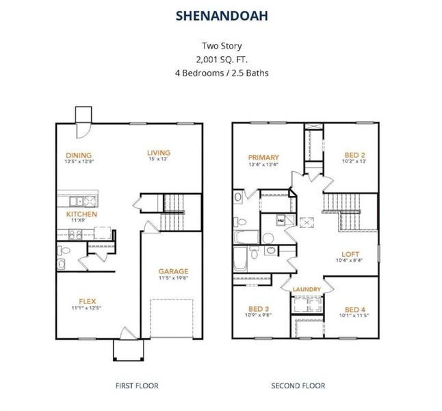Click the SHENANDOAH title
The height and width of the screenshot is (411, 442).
220,14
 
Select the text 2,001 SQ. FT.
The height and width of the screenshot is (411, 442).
220,59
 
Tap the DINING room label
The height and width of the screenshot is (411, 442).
79,155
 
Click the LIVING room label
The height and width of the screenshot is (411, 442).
159,152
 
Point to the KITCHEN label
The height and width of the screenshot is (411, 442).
81,214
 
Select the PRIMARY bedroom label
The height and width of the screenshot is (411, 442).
263,156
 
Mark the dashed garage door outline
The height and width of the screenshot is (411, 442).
168,318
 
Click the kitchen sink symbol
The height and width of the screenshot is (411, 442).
88,201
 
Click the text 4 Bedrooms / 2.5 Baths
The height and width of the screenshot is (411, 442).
220,72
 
